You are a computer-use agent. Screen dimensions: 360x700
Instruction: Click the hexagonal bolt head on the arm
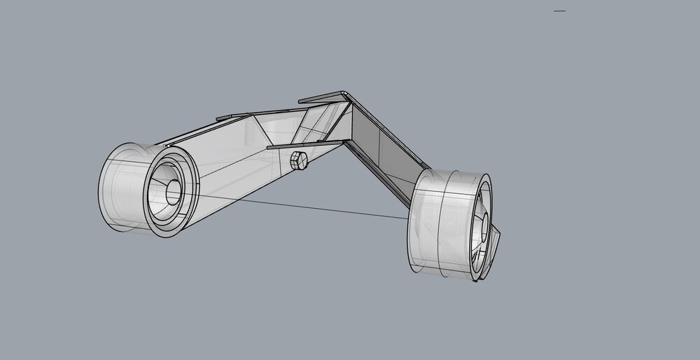296,160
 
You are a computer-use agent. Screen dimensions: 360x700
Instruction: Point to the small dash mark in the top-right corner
559,11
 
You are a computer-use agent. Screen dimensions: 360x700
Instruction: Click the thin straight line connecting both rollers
301,207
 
